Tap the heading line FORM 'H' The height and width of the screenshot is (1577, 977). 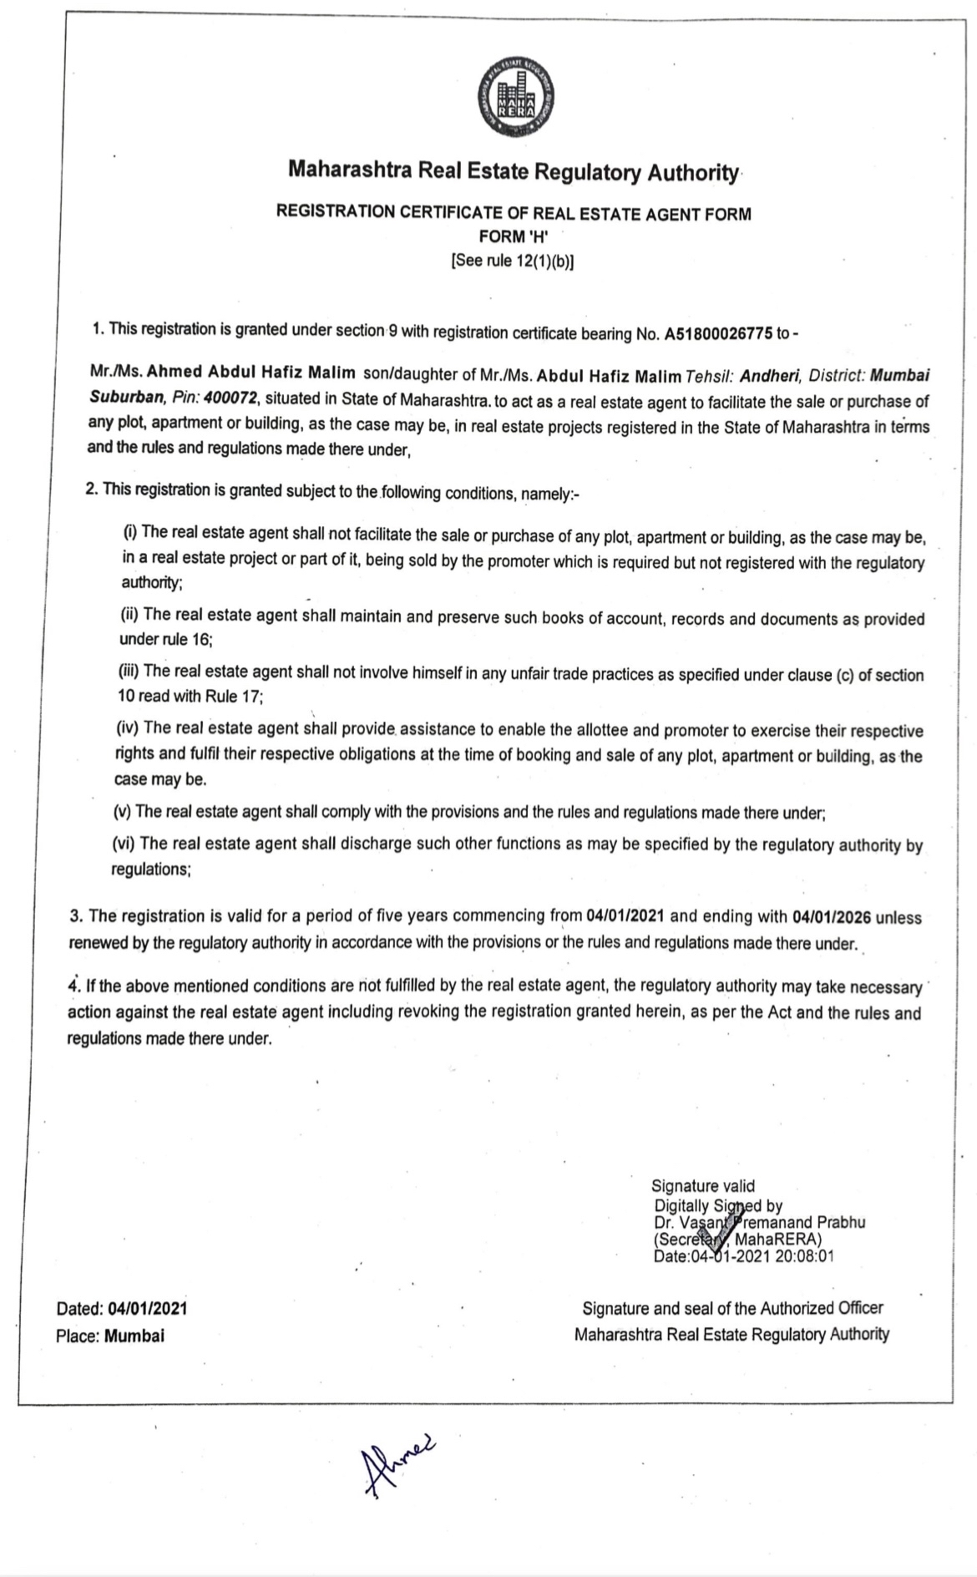513,236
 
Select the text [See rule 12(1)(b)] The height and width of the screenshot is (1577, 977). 513,261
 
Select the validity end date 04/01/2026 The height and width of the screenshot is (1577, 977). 832,917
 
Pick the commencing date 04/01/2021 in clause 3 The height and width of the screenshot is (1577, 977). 625,915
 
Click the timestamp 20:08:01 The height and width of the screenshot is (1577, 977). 803,1255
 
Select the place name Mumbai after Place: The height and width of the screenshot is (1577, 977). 134,1336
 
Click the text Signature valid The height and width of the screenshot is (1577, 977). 702,1186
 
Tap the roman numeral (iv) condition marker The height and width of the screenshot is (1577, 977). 127,728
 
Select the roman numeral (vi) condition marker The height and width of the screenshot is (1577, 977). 125,844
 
